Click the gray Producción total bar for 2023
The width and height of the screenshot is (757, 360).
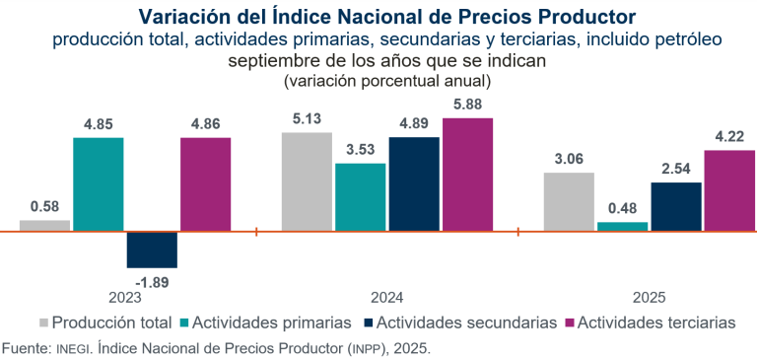(44, 226)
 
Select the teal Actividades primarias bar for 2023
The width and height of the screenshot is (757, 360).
(99, 184)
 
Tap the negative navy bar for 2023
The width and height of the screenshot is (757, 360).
(152, 250)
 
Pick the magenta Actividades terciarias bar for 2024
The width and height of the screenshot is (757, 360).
(467, 175)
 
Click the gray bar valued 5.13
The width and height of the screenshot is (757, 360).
(307, 181)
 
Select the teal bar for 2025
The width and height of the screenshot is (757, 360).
(622, 227)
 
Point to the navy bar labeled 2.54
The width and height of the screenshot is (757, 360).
(676, 207)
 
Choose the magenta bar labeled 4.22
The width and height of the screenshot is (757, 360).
(729, 190)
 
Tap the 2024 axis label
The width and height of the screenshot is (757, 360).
(386, 297)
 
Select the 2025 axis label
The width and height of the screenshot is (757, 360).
(649, 297)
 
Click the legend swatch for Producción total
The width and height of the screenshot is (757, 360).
(43, 323)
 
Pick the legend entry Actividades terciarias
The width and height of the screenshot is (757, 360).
(654, 323)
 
